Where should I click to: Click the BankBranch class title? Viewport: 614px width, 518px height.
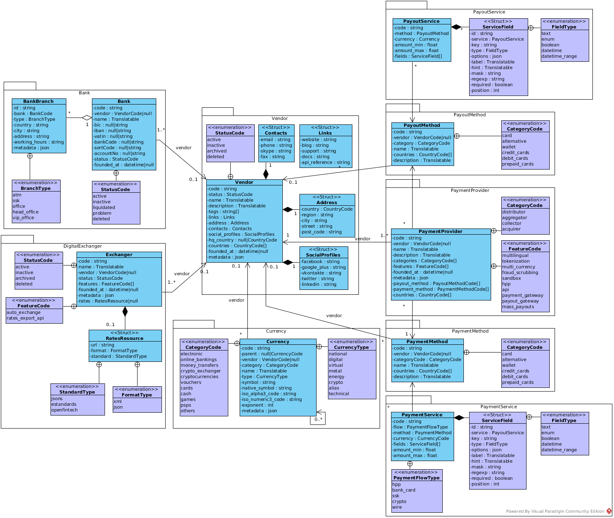39,101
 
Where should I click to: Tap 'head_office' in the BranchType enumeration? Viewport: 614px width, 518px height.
26,212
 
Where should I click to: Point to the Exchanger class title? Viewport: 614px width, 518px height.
119,255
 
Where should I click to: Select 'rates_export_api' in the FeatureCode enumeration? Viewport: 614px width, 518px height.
25,318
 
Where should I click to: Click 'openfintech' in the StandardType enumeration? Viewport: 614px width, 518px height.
64,410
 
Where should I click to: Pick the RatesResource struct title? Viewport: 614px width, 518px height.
125,338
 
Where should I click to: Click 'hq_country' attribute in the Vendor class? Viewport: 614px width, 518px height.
243,240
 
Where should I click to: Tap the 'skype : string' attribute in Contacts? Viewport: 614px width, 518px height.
276,151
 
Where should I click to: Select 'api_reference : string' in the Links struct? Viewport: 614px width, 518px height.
325,162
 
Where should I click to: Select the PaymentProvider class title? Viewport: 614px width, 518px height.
440,231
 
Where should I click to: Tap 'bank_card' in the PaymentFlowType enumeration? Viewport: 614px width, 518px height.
404,490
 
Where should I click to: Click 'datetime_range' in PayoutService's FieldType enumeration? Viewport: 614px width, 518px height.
559,56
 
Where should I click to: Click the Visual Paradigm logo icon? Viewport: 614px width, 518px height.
609,511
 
